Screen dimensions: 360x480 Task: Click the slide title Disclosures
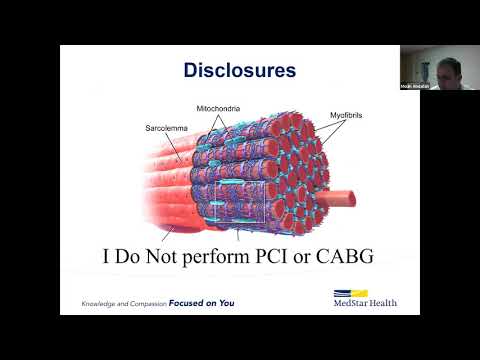click(x=239, y=70)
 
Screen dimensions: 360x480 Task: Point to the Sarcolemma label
click(x=146, y=130)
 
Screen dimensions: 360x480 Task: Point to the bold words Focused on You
click(x=201, y=302)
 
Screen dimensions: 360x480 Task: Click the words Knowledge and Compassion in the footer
click(x=123, y=302)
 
